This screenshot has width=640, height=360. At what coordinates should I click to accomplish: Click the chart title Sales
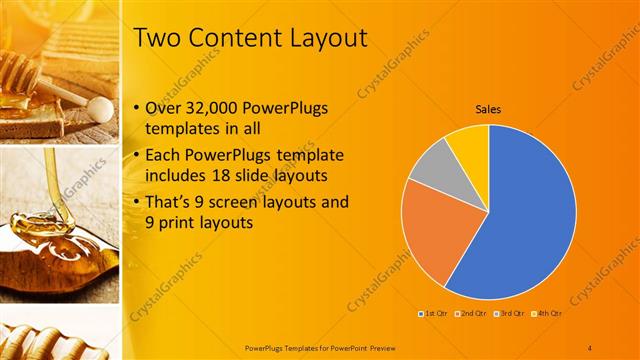pos(488,109)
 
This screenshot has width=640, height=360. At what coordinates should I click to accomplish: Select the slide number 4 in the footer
pos(590,347)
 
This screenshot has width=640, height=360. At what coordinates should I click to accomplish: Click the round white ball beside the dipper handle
pos(99,105)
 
